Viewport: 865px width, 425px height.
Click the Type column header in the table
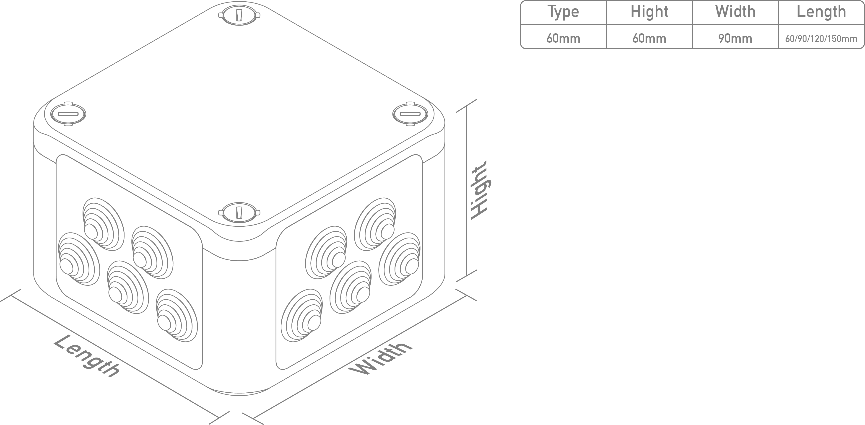pos(563,12)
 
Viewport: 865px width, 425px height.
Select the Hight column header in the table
pos(649,12)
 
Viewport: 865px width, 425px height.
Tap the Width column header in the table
pos(735,12)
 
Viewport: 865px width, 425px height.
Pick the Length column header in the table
pos(821,12)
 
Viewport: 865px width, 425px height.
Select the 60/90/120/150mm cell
pos(821,39)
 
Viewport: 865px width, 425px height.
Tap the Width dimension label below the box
pos(380,358)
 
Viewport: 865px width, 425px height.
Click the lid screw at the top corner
pos(239,15)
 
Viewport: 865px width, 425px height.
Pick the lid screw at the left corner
pos(68,114)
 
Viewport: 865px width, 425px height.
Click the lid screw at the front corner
pos(239,212)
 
